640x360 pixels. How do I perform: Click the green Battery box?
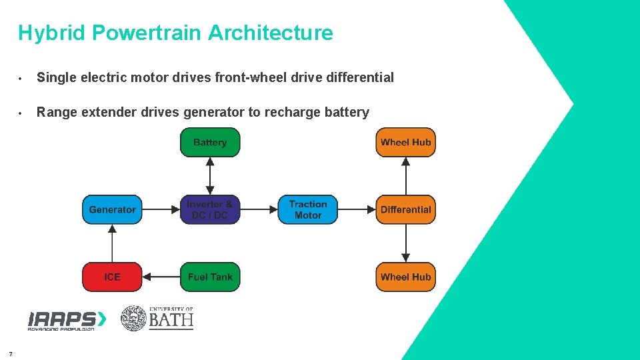(x=210, y=143)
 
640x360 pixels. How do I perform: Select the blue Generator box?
(x=112, y=209)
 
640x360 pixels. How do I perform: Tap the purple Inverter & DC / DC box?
(x=210, y=209)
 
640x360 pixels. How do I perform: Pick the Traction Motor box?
(x=308, y=209)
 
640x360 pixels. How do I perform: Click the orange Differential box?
(x=405, y=209)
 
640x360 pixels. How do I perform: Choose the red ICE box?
(x=112, y=277)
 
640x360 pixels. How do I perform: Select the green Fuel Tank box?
(x=210, y=277)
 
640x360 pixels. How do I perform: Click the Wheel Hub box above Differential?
(x=405, y=143)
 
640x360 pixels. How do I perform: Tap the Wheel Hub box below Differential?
(x=405, y=277)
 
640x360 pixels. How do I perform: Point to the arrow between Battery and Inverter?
(x=210, y=176)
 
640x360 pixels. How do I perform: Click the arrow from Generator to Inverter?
(x=161, y=209)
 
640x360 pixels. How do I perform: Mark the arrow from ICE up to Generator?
(x=112, y=243)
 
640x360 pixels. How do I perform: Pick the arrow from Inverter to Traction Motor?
(x=259, y=209)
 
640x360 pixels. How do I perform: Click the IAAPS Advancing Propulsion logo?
(x=67, y=320)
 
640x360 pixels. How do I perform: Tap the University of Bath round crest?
(x=133, y=319)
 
